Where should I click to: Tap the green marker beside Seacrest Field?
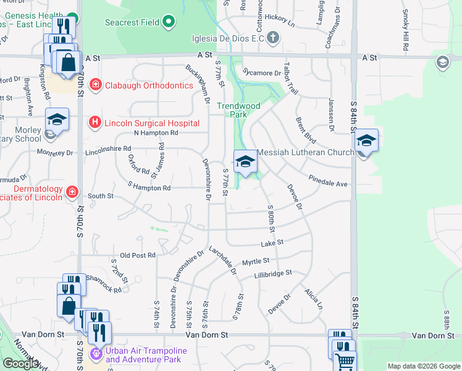pyautogui.click(x=169, y=23)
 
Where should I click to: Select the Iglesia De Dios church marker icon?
pyautogui.click(x=272, y=38)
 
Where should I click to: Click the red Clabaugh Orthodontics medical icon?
pyautogui.click(x=95, y=85)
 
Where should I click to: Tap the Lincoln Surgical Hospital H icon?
pyautogui.click(x=94, y=122)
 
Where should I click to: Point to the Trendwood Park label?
pyautogui.click(x=238, y=110)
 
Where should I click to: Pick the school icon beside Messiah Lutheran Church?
pyautogui.click(x=246, y=162)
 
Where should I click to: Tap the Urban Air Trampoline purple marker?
pyautogui.click(x=95, y=354)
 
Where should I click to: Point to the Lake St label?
pyautogui.click(x=271, y=243)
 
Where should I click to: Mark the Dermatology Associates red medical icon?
pyautogui.click(x=72, y=192)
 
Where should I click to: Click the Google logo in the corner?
pyautogui.click(x=20, y=364)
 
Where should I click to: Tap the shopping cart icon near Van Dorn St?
pyautogui.click(x=345, y=362)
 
